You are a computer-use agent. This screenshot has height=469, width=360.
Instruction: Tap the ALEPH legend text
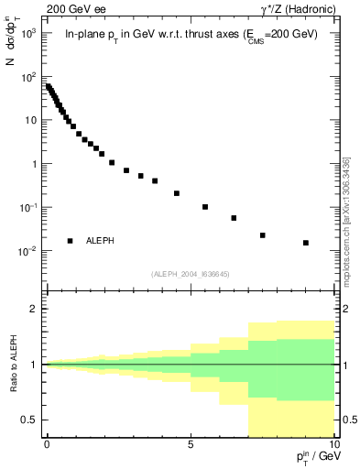pos(100,241)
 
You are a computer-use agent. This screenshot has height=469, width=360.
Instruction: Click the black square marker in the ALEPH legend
pos(70,241)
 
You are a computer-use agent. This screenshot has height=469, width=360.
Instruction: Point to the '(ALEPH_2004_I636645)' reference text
pos(191,273)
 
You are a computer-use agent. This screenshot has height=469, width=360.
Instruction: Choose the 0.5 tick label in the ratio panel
pos(28,420)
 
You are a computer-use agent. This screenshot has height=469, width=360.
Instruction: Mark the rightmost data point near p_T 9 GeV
pos(306,243)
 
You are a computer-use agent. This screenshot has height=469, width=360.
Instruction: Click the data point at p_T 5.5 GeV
pos(205,207)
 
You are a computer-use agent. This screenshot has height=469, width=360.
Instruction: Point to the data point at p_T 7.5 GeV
pos(263,235)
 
